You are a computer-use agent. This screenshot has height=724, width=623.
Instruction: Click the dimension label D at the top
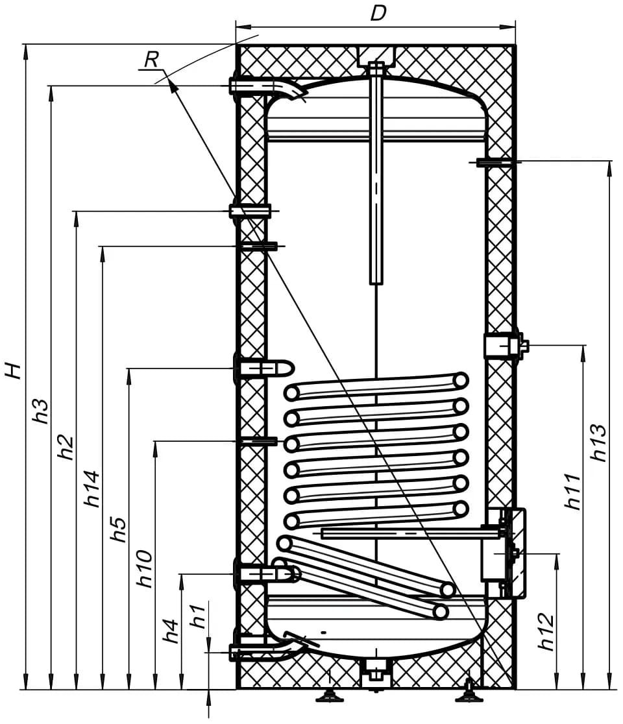(378, 14)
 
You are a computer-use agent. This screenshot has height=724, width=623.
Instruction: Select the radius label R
(151, 60)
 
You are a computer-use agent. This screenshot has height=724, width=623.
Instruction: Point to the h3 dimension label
(41, 411)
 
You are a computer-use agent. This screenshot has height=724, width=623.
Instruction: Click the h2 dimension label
(66, 448)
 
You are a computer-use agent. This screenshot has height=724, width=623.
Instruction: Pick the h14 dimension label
(92, 489)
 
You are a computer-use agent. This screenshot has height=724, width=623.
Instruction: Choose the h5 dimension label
(117, 529)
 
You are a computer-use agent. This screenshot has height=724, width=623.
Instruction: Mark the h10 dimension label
(144, 569)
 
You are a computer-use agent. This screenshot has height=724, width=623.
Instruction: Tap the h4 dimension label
(171, 631)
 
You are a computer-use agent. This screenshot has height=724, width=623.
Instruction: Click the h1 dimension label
(198, 616)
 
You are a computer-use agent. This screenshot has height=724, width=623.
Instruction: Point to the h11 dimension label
(572, 491)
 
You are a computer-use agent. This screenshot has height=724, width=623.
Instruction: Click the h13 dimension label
(598, 443)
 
